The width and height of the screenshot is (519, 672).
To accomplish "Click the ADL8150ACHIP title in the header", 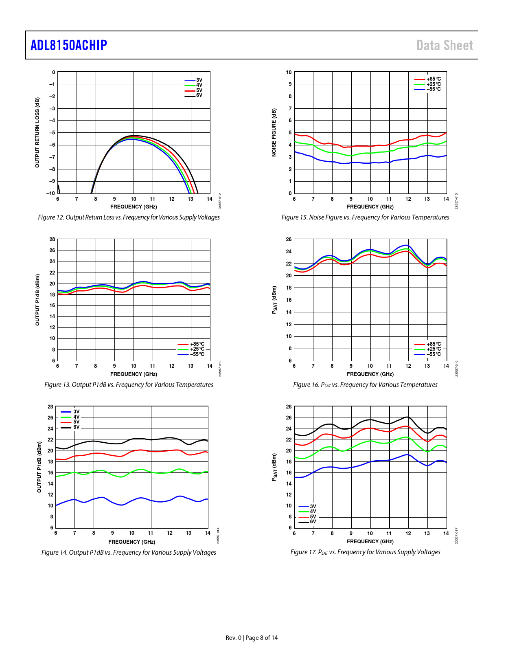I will [x=69, y=45].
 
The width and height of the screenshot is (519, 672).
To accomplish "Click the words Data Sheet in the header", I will [x=445, y=45].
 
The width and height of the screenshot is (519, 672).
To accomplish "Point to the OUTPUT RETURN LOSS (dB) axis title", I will [x=37, y=132].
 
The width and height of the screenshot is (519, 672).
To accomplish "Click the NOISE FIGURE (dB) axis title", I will [x=274, y=132].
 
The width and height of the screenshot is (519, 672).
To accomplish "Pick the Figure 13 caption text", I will [x=129, y=385].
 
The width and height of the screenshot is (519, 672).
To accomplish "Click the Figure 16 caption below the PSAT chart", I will [x=365, y=385].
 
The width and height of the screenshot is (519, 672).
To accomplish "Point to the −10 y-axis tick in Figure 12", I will [x=50, y=193].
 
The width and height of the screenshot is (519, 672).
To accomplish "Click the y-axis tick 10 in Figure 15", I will [x=289, y=72].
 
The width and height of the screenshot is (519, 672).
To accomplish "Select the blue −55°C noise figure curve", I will [x=350, y=163].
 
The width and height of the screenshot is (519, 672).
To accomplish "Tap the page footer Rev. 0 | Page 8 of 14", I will [x=252, y=638].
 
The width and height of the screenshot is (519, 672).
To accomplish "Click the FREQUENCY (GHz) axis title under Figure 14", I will [x=131, y=542].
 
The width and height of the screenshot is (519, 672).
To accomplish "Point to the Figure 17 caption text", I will [x=365, y=552].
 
